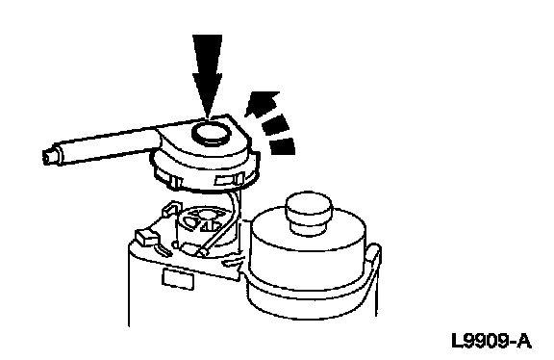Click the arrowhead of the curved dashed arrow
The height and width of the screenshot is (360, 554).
(262, 103)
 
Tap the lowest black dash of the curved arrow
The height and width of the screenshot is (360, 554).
(283, 146)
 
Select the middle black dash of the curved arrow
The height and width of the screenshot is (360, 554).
(276, 125)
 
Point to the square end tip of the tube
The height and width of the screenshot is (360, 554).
(47, 157)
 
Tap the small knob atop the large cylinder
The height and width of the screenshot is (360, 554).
(309, 213)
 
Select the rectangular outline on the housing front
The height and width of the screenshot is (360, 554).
(178, 278)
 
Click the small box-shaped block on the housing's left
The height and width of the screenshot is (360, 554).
(146, 236)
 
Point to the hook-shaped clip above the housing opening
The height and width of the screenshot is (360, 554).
(171, 209)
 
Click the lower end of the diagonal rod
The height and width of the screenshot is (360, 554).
(204, 252)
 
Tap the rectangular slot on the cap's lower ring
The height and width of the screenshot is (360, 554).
(227, 181)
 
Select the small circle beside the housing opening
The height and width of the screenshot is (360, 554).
(174, 244)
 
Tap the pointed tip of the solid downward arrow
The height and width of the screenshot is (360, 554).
(208, 116)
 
